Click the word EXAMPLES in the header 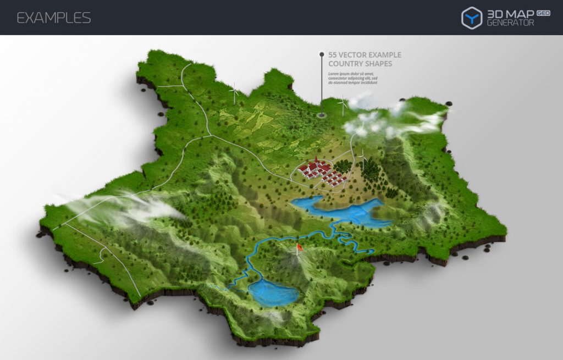click(53, 18)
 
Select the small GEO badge click(543, 13)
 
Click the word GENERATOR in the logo click(510, 23)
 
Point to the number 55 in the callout click(333, 55)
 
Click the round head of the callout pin click(322, 54)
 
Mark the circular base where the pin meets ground click(322, 115)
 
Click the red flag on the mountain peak click(300, 248)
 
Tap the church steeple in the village click(316, 160)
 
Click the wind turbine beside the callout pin click(343, 104)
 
